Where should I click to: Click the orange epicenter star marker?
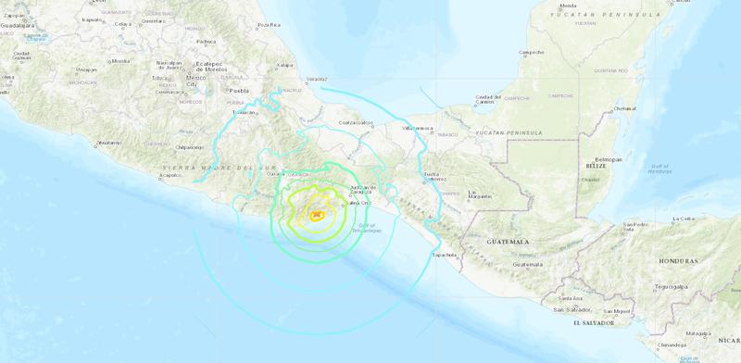coord(317,216)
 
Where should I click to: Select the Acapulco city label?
coord(170,174)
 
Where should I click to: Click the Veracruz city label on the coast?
coord(316,79)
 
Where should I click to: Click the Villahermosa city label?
coord(419,127)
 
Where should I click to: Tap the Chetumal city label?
coord(624,108)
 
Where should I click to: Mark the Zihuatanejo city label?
coord(108,143)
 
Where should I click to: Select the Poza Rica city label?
coord(269,25)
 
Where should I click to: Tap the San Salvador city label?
coord(571,308)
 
